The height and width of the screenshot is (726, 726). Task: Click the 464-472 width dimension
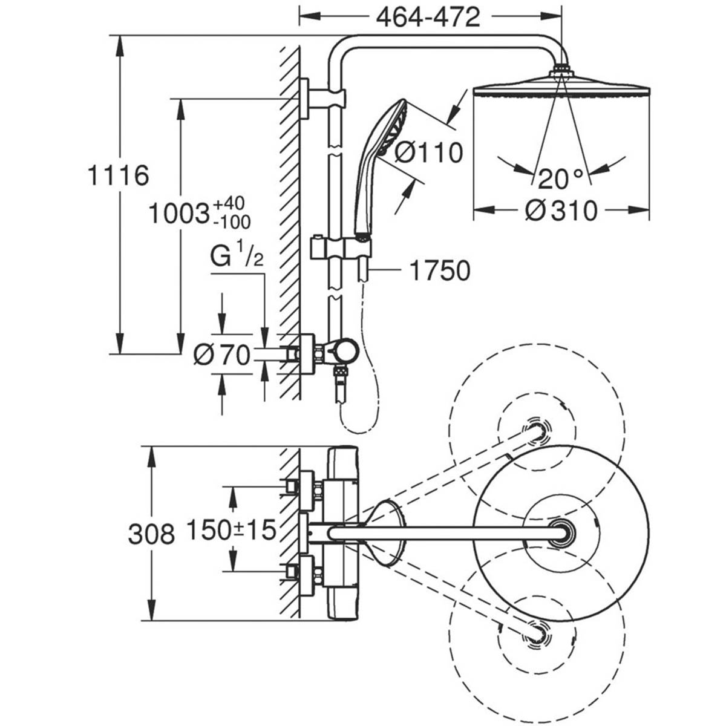428,18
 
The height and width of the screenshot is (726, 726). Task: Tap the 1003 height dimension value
179,213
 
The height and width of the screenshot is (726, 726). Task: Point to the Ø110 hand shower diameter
428,153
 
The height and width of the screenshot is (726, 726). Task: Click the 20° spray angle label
561,178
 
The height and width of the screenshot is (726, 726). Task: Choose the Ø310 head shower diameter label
561,211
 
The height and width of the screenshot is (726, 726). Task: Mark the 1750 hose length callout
440,271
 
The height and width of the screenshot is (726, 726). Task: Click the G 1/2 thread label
237,258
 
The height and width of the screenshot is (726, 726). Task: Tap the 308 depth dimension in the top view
151,534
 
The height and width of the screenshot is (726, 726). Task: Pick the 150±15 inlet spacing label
231,531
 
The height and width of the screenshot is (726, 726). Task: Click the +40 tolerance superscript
234,203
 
